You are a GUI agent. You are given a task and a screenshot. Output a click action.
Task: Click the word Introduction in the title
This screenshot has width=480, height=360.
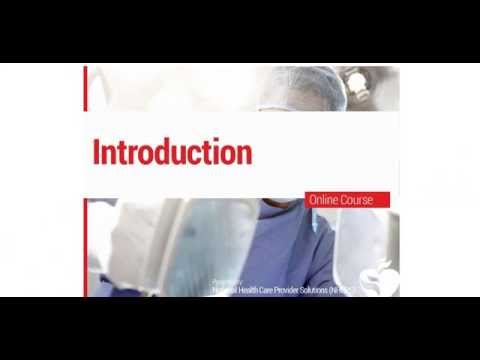[x=172, y=152]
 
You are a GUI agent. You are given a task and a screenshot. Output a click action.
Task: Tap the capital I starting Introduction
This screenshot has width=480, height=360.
[x=96, y=152]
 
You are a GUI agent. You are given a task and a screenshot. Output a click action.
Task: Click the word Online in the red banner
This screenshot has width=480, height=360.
[x=325, y=200]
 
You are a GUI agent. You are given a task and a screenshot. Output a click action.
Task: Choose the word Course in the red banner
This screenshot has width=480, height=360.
[x=357, y=200]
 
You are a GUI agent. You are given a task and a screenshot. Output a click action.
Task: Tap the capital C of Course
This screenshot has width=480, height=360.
[x=345, y=200]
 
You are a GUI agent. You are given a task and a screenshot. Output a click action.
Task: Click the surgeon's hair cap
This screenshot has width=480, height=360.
[x=302, y=87]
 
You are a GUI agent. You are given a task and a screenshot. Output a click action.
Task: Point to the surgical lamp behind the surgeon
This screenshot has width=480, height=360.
[x=357, y=84]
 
